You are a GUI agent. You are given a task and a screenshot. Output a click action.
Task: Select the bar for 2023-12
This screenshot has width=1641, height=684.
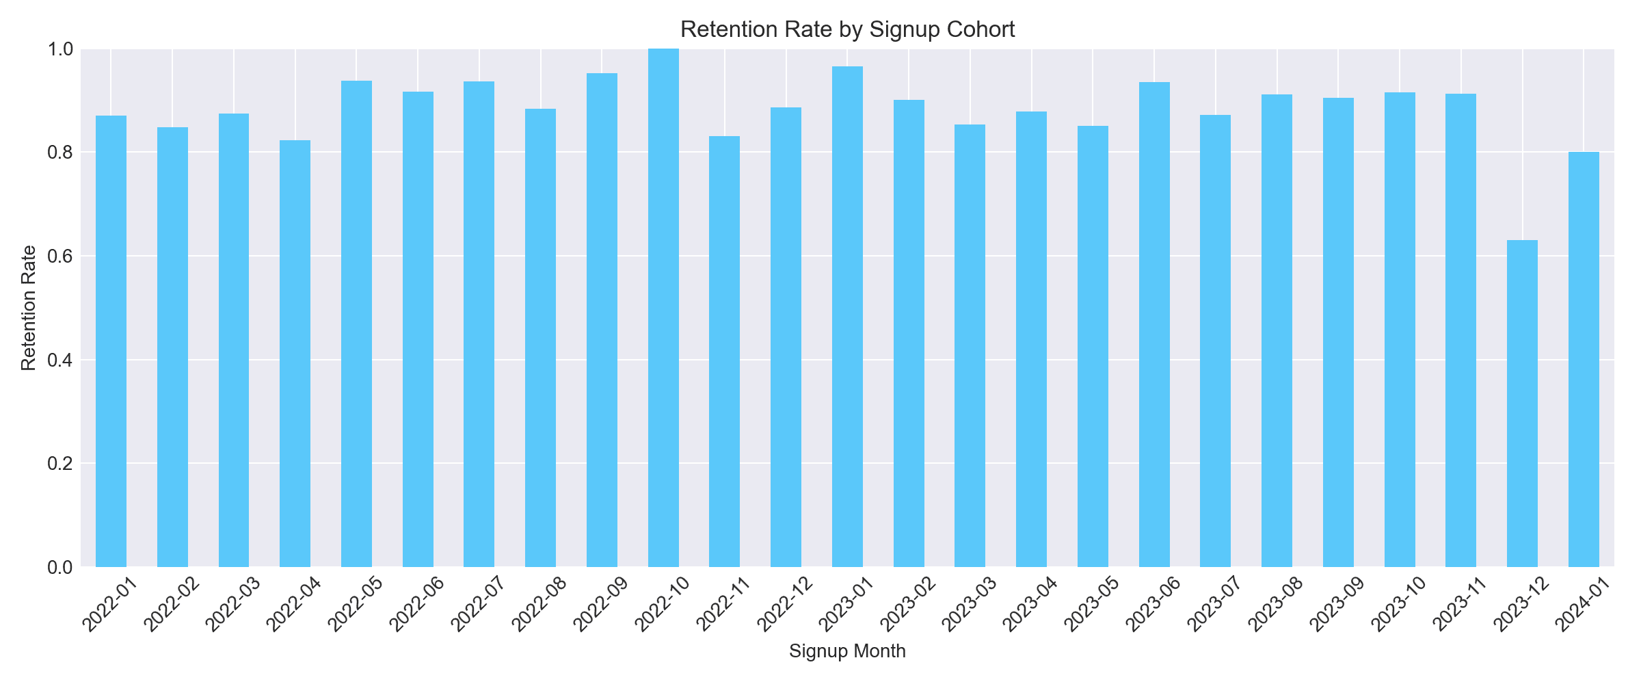coord(1522,404)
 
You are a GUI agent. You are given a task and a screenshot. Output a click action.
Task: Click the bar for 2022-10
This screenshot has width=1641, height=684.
coord(663,308)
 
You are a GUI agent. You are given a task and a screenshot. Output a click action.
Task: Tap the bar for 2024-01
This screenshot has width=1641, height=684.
coord(1584,359)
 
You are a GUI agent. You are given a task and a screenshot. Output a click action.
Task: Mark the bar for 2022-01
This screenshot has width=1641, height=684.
coord(111,341)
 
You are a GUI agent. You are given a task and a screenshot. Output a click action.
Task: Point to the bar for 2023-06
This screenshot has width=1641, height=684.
coord(1154,324)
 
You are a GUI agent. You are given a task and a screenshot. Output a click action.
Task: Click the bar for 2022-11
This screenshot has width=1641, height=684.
coord(724,352)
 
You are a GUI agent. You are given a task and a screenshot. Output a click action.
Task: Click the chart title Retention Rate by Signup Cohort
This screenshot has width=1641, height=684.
coord(847,30)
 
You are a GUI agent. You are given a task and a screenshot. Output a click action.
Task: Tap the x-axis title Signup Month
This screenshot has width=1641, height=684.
coord(847,651)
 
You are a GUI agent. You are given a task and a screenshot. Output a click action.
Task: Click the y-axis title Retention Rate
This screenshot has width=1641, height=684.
coord(29,308)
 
